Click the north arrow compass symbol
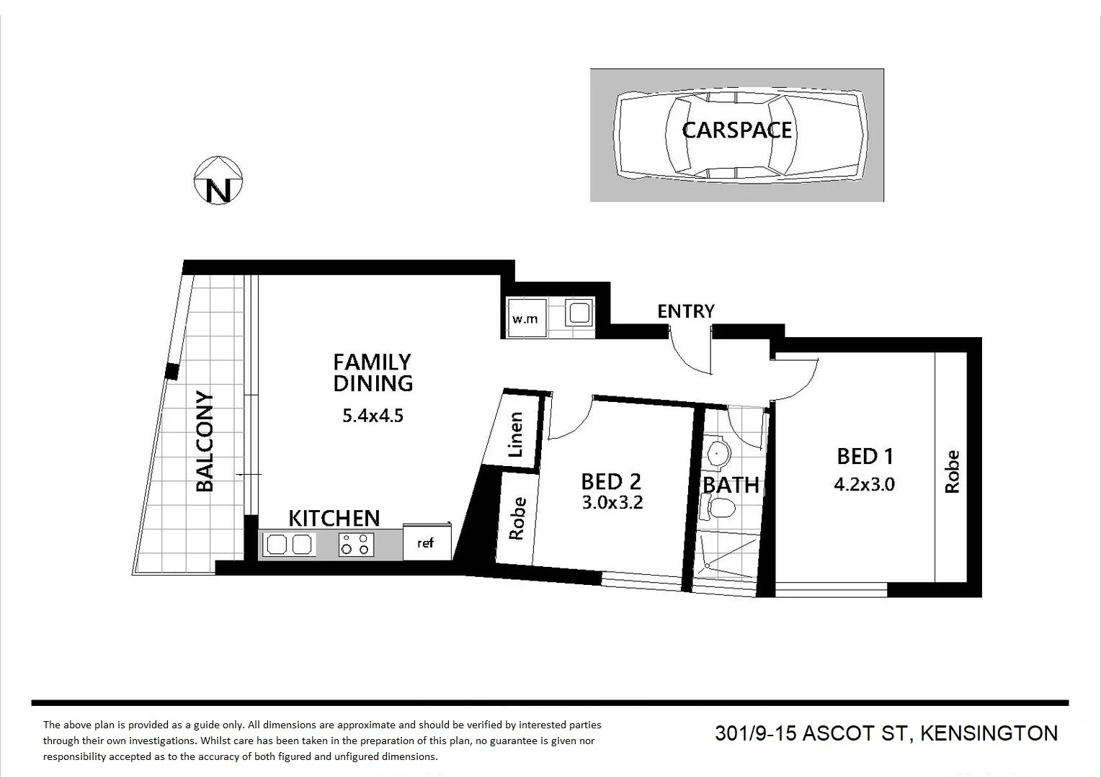[219, 180]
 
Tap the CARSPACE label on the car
[736, 130]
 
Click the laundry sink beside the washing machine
[579, 313]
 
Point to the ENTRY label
[685, 311]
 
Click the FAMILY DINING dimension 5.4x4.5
[373, 416]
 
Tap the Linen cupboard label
[515, 434]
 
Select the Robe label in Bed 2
[517, 519]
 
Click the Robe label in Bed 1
[952, 472]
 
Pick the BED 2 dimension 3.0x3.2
[612, 503]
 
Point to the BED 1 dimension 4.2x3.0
[864, 484]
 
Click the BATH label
[731, 485]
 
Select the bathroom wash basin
[718, 454]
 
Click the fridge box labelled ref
[426, 543]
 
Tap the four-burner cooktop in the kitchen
[357, 544]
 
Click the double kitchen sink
[289, 544]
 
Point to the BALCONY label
[205, 442]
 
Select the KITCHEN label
[334, 518]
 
